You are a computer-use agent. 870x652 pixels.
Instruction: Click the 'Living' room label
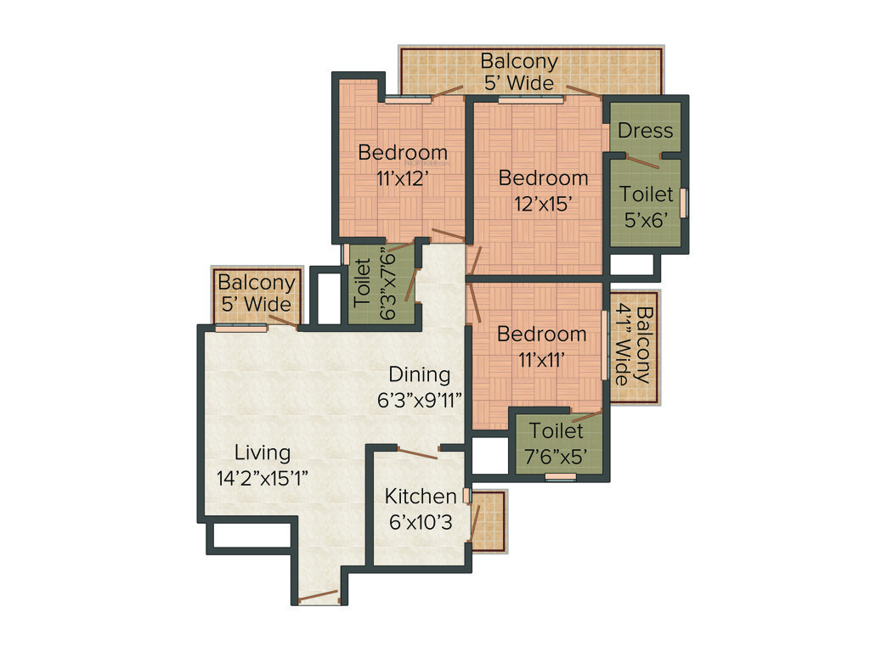[263, 452]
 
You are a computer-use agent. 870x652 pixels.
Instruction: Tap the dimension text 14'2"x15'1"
[263, 477]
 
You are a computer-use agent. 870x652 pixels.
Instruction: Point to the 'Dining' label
[419, 374]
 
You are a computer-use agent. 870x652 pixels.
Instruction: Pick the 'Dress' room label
[645, 131]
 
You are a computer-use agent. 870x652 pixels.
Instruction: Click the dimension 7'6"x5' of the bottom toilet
[556, 456]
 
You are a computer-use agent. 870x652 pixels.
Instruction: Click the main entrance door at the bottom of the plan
[319, 598]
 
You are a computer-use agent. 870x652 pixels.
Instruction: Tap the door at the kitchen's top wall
[418, 452]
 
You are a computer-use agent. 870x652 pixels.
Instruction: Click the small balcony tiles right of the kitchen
[492, 522]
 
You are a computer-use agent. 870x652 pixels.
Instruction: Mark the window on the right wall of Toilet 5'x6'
[684, 204]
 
